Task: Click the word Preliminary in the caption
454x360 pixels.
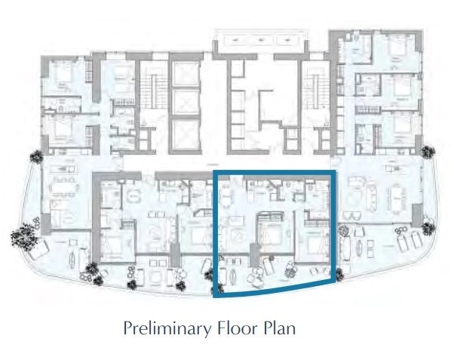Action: click(167, 329)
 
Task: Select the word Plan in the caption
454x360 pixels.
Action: click(280, 328)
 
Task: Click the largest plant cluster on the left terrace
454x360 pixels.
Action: click(24, 237)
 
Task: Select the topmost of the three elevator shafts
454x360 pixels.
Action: click(186, 74)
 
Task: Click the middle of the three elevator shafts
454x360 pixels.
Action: click(186, 101)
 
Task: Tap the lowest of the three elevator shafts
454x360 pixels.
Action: click(186, 134)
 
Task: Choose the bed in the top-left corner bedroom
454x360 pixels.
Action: click(63, 75)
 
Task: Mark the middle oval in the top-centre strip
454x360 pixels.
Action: click(261, 40)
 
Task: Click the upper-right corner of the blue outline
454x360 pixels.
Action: click(334, 171)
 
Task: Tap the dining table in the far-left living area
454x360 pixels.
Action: click(64, 190)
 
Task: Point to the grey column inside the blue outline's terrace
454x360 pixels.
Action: click(255, 255)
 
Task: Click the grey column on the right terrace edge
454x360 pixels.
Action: click(417, 215)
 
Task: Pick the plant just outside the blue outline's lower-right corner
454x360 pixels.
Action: click(339, 275)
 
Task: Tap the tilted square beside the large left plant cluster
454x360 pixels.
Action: click(38, 250)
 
